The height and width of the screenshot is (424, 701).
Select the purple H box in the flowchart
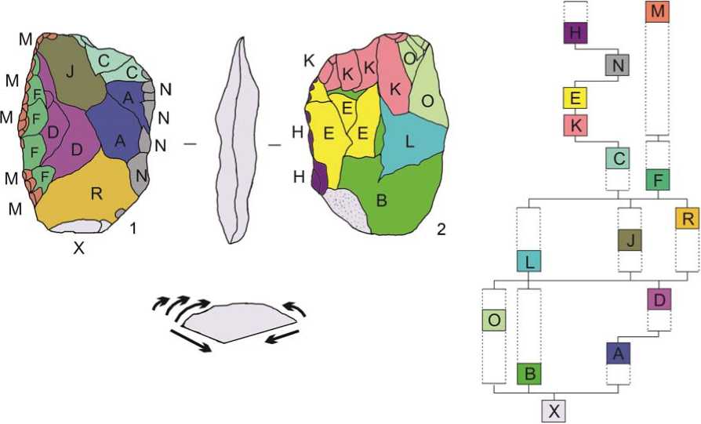tap(576, 33)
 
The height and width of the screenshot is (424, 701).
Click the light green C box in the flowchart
tap(619, 158)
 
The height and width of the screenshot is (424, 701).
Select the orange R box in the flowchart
tap(686, 219)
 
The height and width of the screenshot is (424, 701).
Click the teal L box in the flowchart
tap(531, 261)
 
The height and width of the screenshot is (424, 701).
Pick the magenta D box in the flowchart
tap(659, 299)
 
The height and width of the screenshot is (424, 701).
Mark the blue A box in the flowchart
tap(619, 354)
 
